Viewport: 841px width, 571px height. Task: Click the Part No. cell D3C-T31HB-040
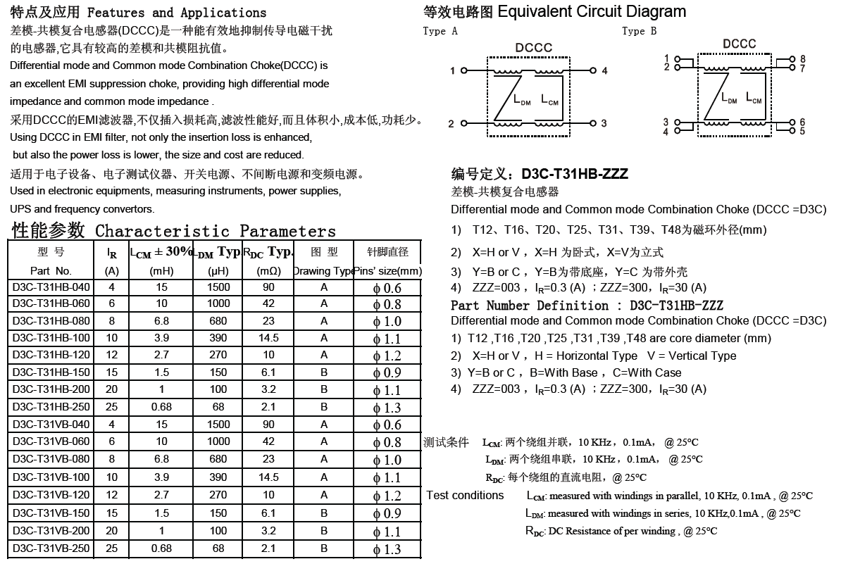[51, 287]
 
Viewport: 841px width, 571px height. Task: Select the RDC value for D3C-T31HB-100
[268, 338]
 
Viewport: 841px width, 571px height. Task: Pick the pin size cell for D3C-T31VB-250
[387, 549]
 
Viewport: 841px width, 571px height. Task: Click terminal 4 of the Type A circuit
[604, 71]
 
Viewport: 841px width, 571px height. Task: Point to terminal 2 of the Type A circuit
[451, 125]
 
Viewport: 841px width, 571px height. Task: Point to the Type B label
[639, 31]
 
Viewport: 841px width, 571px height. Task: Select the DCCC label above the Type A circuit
[533, 48]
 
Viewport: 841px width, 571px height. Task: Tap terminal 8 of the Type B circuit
[802, 60]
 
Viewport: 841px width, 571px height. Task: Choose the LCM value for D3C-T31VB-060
[161, 441]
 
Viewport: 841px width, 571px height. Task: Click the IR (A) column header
[111, 261]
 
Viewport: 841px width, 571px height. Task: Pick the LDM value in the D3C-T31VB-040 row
[218, 425]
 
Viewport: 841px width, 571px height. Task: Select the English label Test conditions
[465, 495]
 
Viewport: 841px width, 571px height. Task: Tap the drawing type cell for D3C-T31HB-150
[324, 372]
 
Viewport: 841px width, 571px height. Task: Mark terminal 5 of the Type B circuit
[802, 132]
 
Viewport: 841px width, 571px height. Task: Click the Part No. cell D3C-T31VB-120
[51, 495]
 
